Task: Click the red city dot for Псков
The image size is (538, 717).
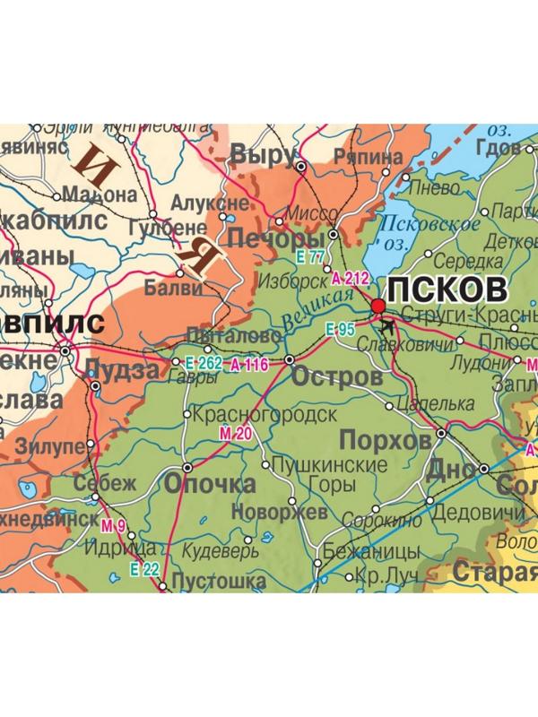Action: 377,307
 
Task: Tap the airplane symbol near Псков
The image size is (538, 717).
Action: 387,325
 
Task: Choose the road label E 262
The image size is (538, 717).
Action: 203,364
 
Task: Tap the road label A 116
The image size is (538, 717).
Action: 249,364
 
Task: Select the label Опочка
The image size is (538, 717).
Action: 210,484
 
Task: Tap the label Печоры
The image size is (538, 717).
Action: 276,239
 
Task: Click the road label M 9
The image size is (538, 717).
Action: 112,525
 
